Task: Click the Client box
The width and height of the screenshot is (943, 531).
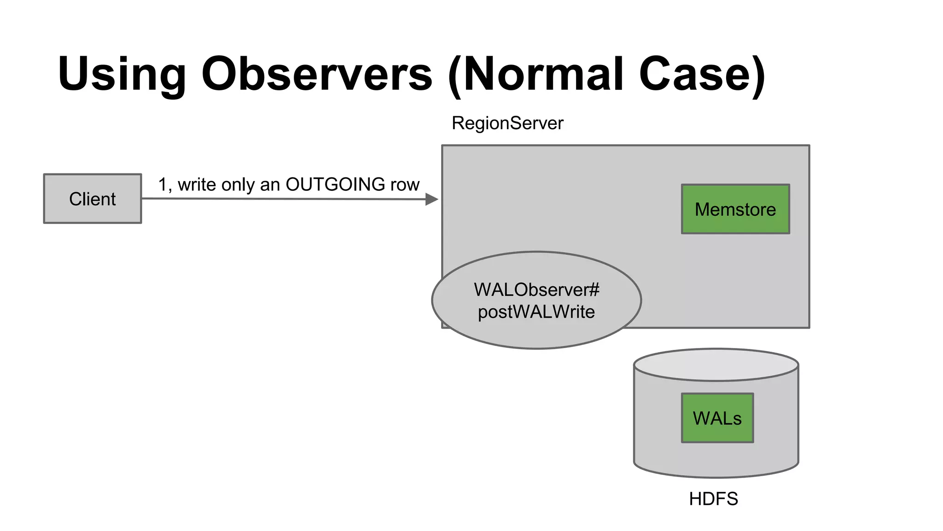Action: (92, 199)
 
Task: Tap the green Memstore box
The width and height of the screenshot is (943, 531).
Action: (735, 209)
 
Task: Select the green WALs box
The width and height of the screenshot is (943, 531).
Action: (717, 418)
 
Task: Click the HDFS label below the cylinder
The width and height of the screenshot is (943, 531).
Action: (713, 499)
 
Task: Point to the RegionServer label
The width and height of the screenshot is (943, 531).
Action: (507, 123)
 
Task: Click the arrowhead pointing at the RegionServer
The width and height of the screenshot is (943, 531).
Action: (432, 199)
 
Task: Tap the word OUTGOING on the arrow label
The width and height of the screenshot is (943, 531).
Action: (335, 184)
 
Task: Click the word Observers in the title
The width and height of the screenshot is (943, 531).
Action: (317, 74)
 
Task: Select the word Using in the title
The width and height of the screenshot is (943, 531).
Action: (122, 74)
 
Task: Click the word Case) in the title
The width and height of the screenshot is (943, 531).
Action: (702, 74)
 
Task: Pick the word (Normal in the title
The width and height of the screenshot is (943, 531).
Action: (535, 74)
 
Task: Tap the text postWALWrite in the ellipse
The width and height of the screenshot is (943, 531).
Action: (536, 312)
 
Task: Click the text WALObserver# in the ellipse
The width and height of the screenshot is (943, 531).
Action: (532, 289)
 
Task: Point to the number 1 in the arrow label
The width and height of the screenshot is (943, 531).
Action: (162, 184)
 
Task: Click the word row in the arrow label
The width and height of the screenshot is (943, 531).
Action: (405, 184)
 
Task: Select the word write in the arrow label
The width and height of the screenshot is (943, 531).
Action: (197, 184)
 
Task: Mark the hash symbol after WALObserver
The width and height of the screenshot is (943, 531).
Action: (594, 289)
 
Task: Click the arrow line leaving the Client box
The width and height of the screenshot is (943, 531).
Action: (276, 199)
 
